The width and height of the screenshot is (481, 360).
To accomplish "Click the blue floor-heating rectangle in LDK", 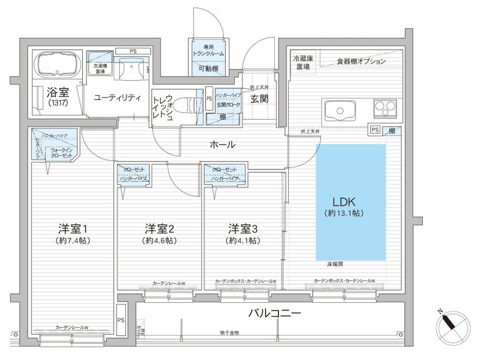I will [351, 202].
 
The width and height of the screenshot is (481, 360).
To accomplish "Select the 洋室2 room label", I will [159, 229].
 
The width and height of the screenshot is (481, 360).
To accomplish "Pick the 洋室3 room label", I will [243, 229].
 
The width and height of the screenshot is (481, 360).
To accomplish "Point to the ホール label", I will [222, 144].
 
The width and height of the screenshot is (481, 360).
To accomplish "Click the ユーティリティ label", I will [117, 98].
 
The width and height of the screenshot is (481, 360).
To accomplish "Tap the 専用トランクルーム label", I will [208, 51].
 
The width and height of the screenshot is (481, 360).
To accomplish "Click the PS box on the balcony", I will [122, 320].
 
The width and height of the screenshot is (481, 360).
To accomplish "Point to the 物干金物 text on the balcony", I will [229, 333].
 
